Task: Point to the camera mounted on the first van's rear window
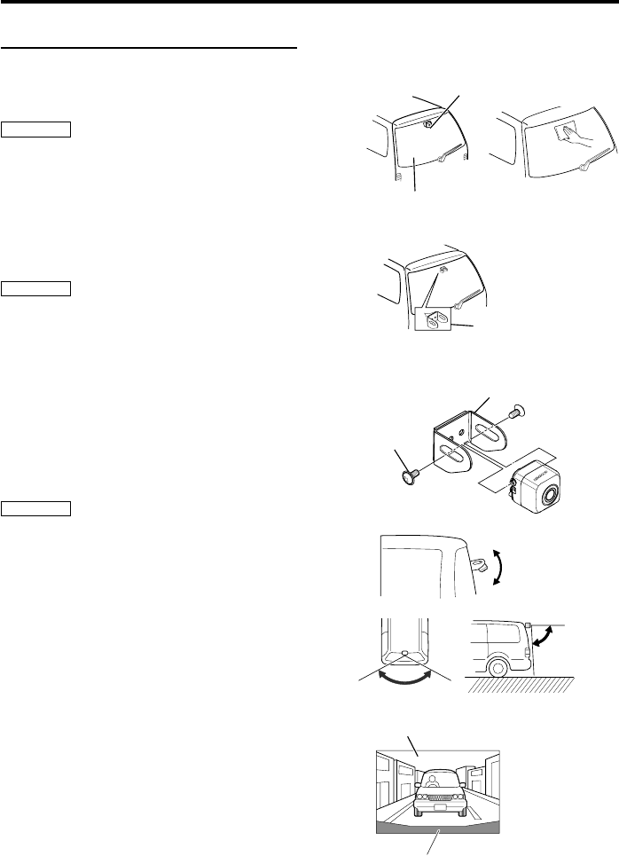point(427,125)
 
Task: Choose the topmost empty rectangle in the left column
point(36,130)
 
